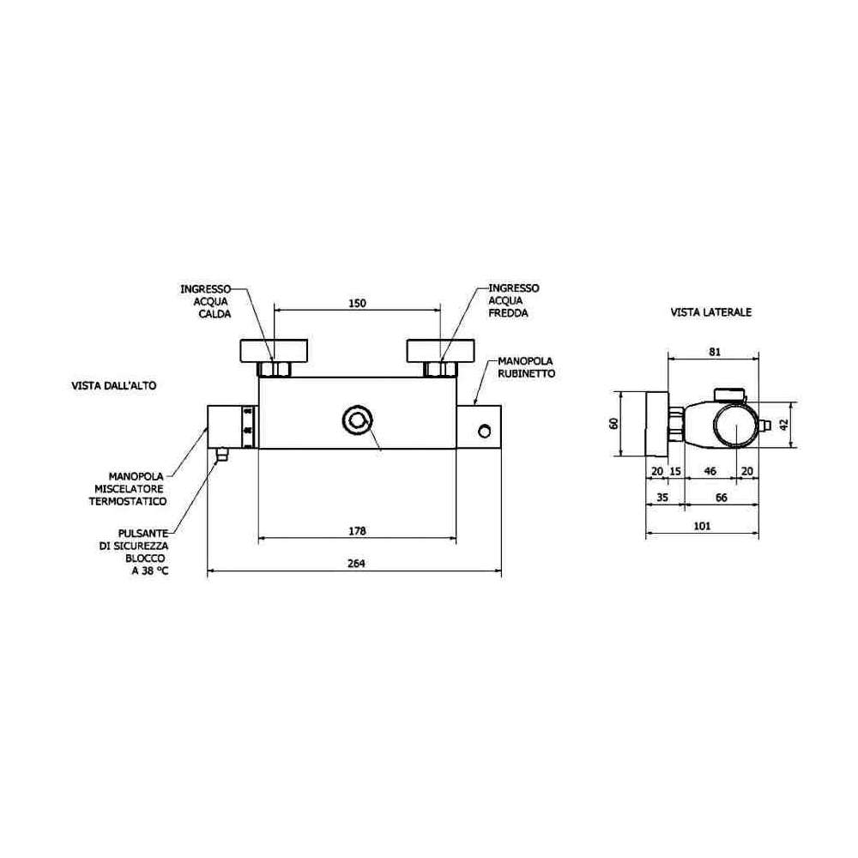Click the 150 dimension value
357,303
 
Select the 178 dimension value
357,531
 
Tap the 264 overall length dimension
356,564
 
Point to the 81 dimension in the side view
715,352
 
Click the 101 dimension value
702,526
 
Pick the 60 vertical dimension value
613,423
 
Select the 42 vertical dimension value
785,425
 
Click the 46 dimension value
710,471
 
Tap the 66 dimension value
722,498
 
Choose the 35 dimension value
662,498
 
